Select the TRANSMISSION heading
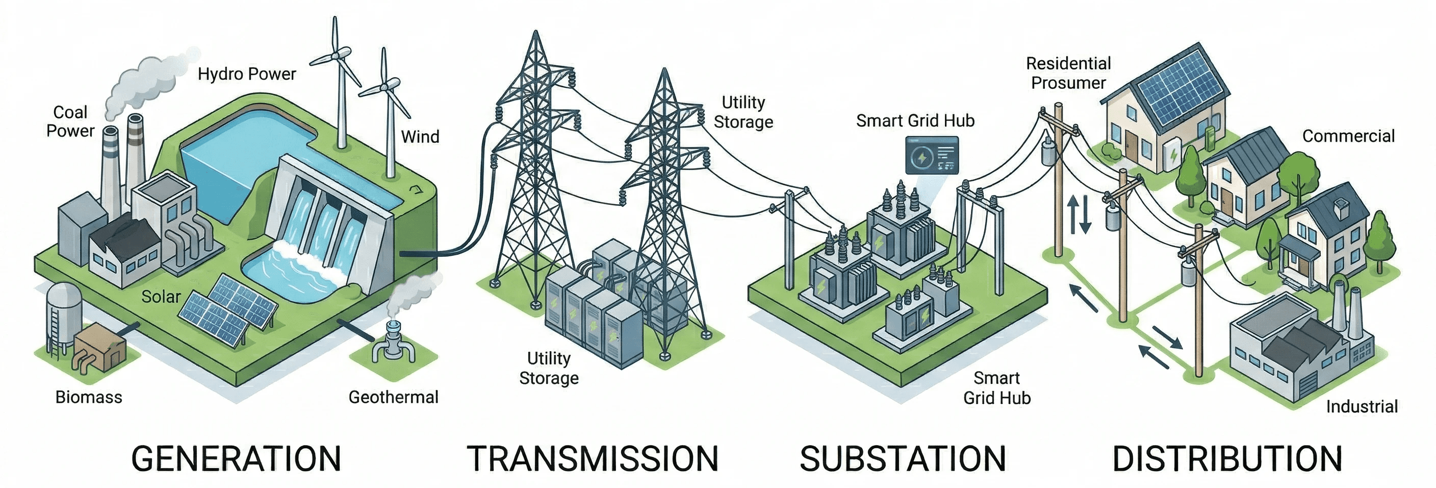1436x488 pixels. (592, 459)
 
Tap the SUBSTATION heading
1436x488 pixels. (903, 459)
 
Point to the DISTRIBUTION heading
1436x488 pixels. (1227, 459)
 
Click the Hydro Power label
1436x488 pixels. (246, 74)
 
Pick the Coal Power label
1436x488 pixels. (70, 121)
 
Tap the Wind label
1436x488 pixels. (420, 137)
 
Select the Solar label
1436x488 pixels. (161, 297)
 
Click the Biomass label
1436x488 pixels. (89, 397)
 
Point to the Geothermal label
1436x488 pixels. (393, 397)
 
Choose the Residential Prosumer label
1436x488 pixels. (1068, 73)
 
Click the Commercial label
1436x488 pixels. (1348, 136)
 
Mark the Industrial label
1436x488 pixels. (1362, 406)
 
